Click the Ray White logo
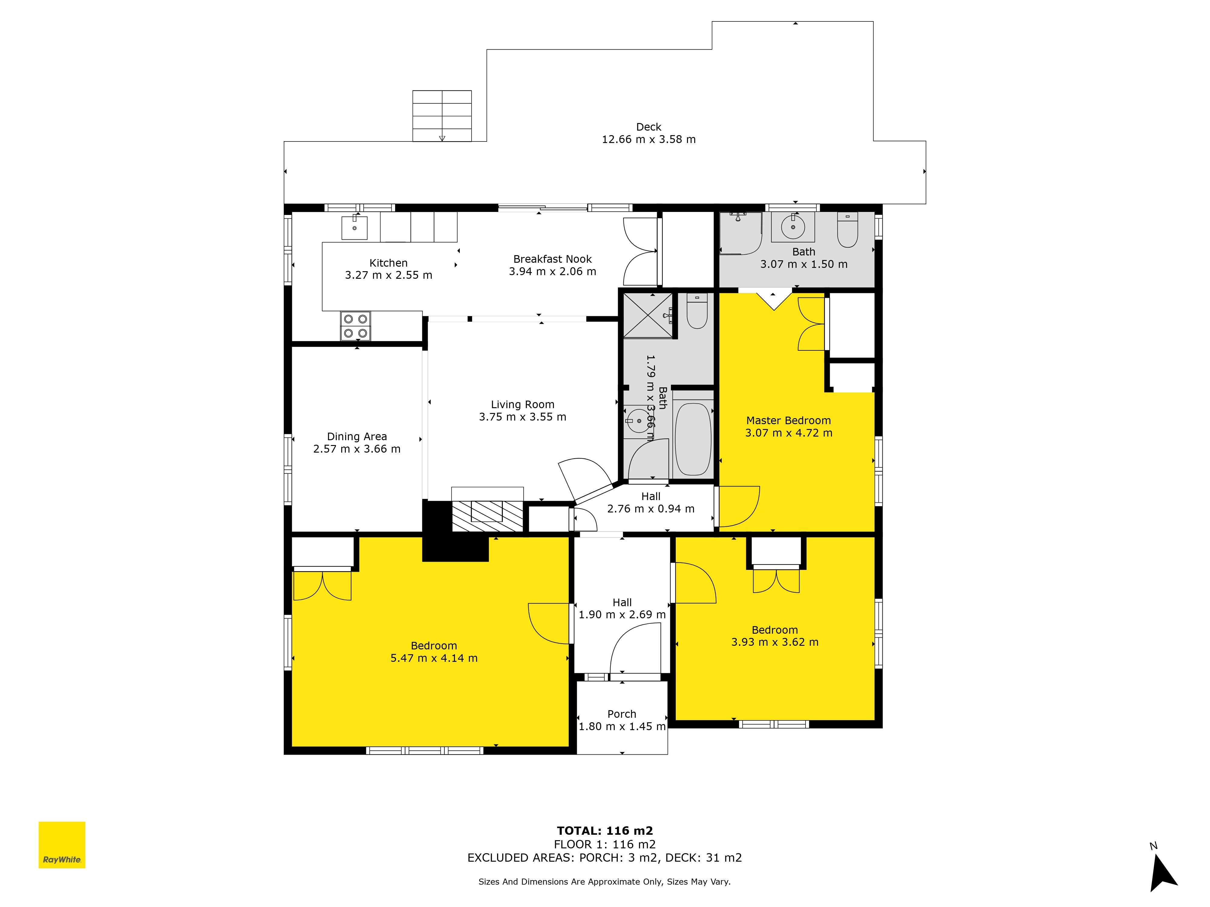point(62,845)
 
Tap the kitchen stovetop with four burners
point(355,326)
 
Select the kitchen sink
point(355,227)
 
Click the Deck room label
point(649,127)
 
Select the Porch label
point(622,714)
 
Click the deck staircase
point(442,116)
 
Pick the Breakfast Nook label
point(552,259)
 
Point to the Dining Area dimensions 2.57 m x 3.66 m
point(357,449)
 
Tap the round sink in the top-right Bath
point(793,226)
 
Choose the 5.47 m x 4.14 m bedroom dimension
point(434,658)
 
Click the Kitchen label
point(388,263)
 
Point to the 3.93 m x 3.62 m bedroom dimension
point(775,642)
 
